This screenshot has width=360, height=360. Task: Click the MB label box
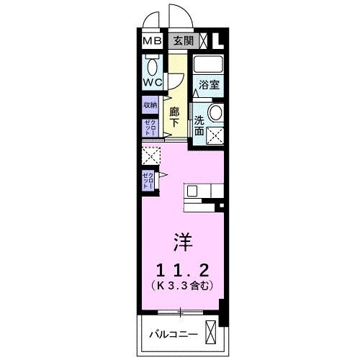click(151, 40)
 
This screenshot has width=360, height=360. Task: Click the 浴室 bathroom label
click(210, 84)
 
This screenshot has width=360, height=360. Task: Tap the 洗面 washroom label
click(200, 122)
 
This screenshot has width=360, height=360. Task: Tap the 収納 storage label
click(149, 105)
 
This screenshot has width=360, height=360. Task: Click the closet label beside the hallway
click(149, 129)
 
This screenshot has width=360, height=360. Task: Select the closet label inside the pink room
click(148, 181)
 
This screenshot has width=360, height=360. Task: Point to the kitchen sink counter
click(199, 194)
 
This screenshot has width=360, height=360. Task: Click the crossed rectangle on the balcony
click(210, 335)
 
